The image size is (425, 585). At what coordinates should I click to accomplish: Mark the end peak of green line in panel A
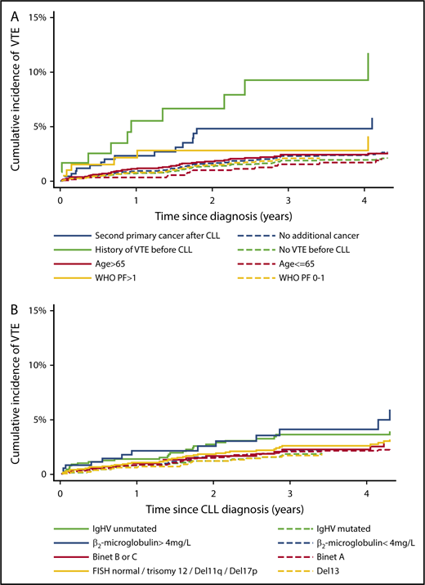369,53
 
